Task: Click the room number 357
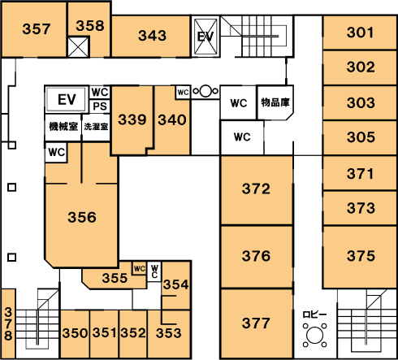37,29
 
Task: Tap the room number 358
90,26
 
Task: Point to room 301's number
360,33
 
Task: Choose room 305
360,137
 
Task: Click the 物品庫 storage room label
275,102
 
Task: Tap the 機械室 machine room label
63,127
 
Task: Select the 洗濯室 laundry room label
96,127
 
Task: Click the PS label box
100,106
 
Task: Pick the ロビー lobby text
314,314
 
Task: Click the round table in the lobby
315,336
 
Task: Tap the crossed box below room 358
78,47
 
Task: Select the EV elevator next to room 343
205,37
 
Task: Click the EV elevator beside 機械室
67,100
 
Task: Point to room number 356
82,217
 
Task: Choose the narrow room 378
8,324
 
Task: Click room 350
75,334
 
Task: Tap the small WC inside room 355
140,268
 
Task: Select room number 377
256,323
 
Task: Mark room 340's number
172,120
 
